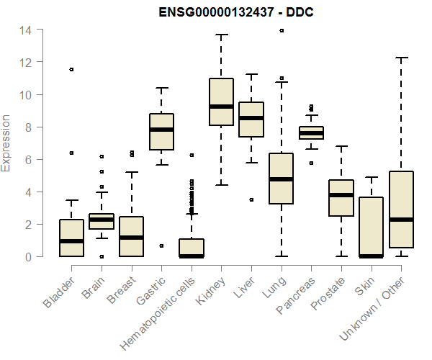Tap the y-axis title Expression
[6, 143]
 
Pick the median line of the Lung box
[281, 179]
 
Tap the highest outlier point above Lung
[281, 31]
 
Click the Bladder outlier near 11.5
[71, 69]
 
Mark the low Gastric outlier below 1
[161, 246]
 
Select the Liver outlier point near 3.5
[251, 199]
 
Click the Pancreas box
[311, 132]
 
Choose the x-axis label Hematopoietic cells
[161, 303]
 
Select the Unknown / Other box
[401, 209]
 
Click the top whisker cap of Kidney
[221, 35]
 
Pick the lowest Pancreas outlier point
[311, 163]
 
